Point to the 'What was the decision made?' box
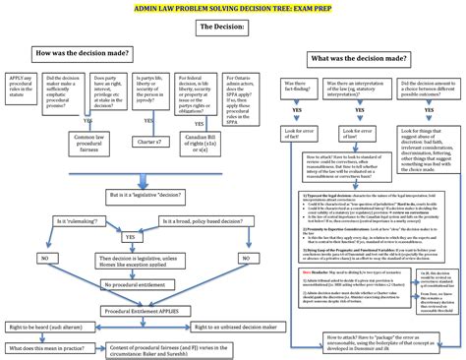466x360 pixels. (x=359, y=59)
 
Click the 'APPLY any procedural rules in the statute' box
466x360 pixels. (x=22, y=92)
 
